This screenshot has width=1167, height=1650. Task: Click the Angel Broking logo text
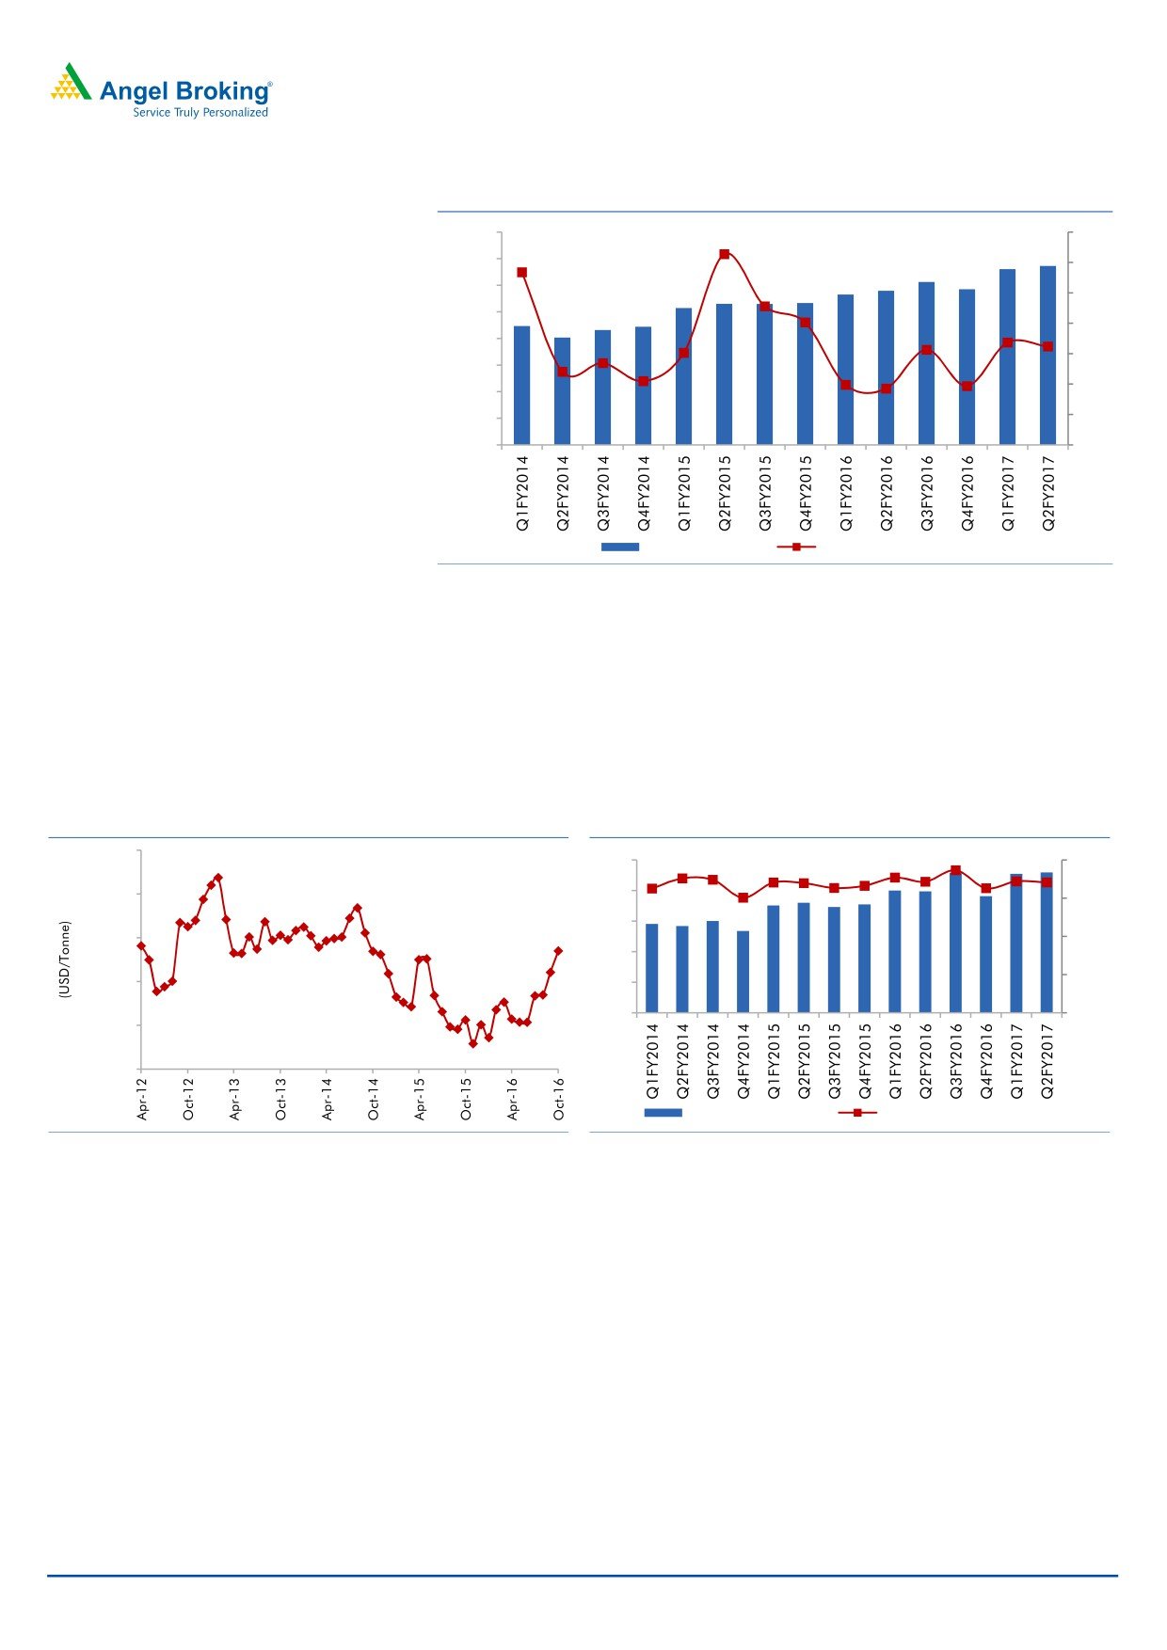184,91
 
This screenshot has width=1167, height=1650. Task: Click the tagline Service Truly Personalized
200,113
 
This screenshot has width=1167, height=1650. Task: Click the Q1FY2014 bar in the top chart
521,386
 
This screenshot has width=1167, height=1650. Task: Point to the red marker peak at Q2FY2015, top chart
724,254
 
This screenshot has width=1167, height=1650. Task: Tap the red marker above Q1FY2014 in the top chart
521,273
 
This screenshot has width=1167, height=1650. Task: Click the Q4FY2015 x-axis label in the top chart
806,494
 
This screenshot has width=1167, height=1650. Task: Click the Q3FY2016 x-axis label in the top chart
927,494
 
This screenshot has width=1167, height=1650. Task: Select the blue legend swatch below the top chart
620,547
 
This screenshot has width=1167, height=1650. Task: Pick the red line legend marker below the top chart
796,547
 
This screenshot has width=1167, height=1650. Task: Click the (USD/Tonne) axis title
64,960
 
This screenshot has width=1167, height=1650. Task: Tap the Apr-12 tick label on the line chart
143,1098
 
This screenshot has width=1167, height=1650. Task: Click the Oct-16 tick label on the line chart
559,1098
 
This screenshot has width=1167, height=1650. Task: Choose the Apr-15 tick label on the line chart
421,1098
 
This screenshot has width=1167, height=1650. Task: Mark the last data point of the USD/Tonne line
558,951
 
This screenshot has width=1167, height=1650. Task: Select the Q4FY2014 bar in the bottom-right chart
743,972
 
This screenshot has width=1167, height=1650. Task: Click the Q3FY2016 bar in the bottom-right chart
955,943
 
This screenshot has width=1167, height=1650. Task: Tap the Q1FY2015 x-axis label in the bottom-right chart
774,1061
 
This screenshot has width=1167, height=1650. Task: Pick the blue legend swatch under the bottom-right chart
663,1113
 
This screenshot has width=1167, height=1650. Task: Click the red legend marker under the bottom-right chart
857,1113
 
